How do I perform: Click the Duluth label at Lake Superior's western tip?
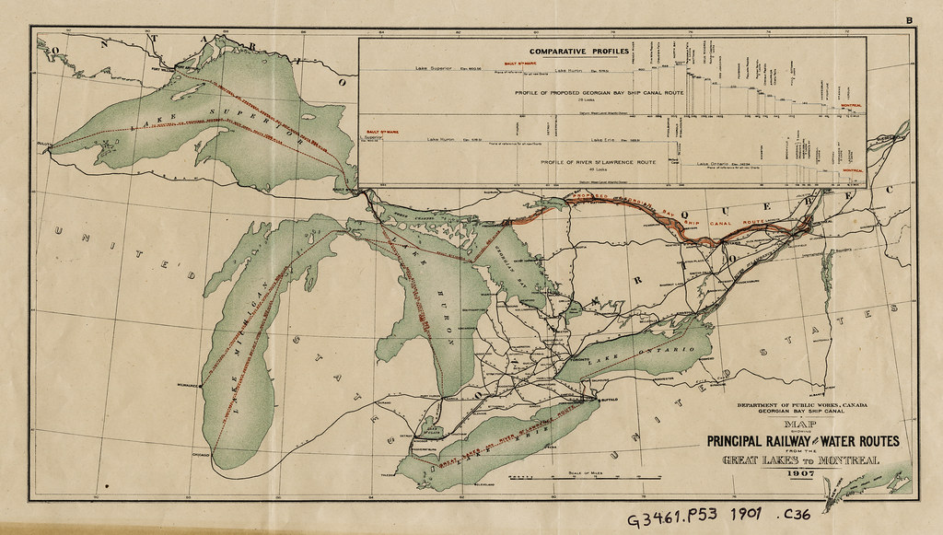tap(40, 145)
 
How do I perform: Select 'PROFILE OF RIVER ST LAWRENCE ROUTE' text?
tap(599, 162)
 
